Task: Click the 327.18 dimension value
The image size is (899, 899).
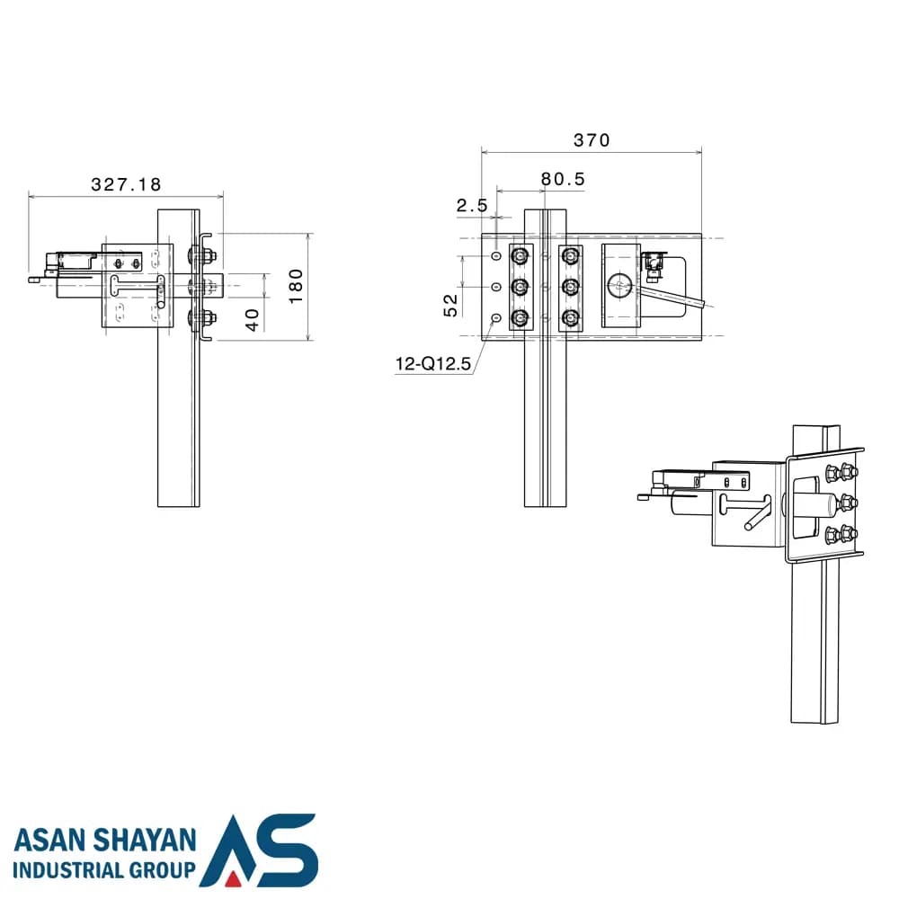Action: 126,184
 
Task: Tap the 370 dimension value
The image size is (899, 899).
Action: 592,140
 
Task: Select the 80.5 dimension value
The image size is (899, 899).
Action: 563,180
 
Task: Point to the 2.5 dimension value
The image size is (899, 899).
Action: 472,205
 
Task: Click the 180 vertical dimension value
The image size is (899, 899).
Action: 296,286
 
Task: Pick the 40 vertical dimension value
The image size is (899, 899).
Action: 253,320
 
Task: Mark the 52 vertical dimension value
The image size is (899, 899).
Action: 451,306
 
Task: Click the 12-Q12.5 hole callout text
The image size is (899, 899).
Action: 433,363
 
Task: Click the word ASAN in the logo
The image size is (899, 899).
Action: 49,841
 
